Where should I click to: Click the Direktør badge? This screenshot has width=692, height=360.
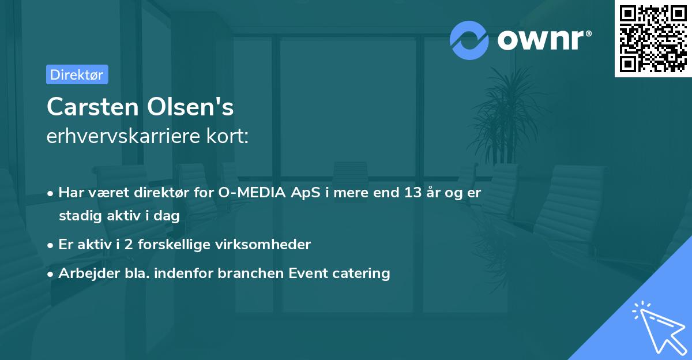tap(77, 74)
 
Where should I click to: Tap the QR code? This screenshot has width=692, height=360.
tap(653, 39)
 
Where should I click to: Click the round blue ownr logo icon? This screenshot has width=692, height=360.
tap(469, 40)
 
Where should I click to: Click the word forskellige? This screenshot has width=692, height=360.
tap(176, 245)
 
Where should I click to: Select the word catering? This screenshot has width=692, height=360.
tap(363, 273)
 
